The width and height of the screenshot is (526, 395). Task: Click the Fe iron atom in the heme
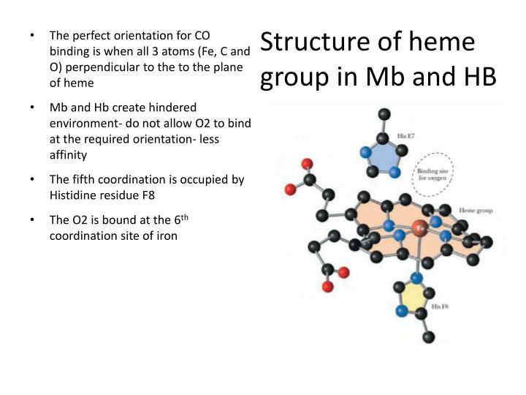[420, 227]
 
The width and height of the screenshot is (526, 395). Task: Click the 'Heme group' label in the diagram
[475, 211]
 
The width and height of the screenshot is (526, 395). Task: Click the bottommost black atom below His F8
[429, 337]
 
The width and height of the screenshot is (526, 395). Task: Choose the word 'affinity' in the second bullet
[68, 155]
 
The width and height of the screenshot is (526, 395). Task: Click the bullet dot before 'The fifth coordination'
[34, 179]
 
